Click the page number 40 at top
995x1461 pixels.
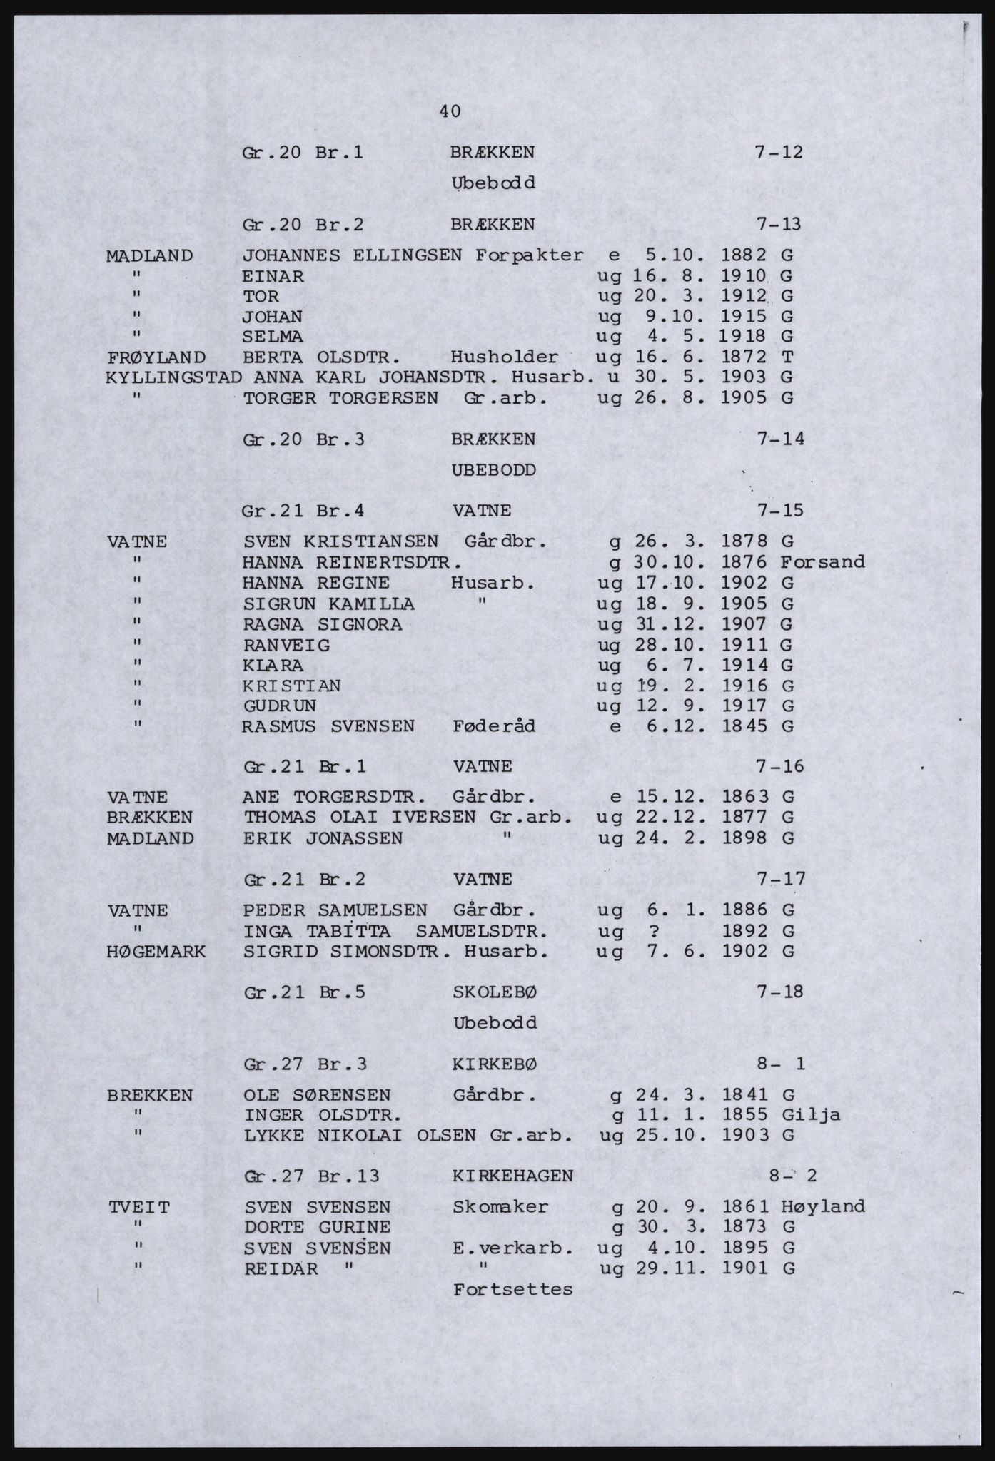pyautogui.click(x=450, y=111)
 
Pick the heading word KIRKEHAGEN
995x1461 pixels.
pyautogui.click(x=512, y=1176)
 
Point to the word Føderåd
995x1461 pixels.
pyautogui.click(x=494, y=727)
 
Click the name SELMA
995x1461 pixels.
pyautogui.click(x=273, y=336)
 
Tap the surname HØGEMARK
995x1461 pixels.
pyautogui.click(x=156, y=952)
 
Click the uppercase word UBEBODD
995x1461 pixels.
pyautogui.click(x=493, y=470)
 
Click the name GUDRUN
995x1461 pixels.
pyautogui.click(x=280, y=706)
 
